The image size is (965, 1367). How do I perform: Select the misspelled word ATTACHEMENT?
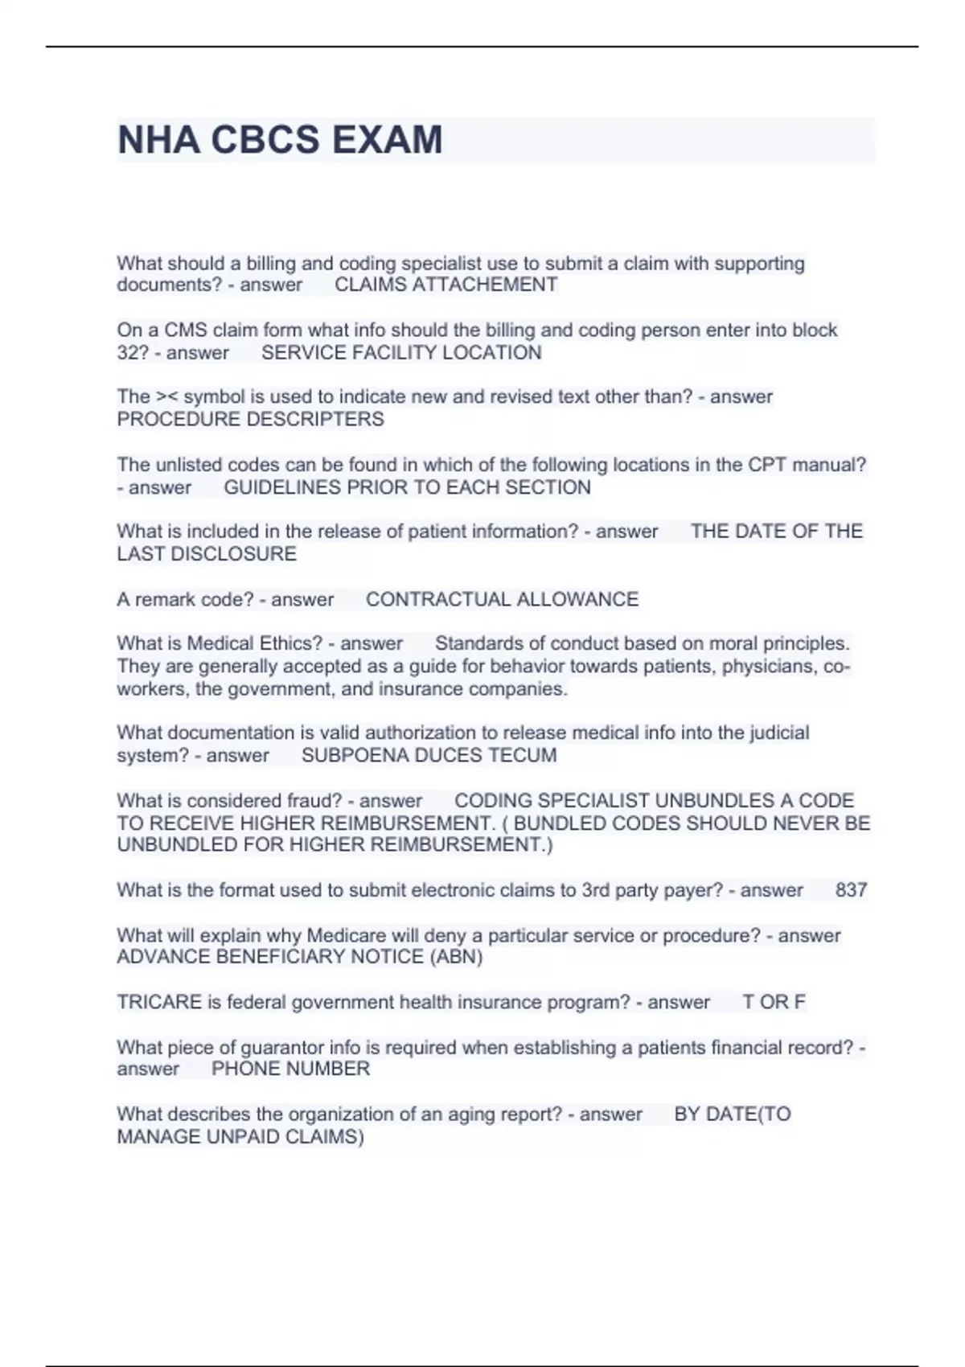click(x=484, y=285)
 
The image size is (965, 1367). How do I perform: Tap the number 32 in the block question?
click(x=128, y=352)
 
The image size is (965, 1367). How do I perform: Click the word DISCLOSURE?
click(x=241, y=554)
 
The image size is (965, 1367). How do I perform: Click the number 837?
click(x=851, y=890)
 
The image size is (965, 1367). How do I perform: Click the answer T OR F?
click(x=774, y=1002)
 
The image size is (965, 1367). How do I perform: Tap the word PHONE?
click(x=240, y=1069)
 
